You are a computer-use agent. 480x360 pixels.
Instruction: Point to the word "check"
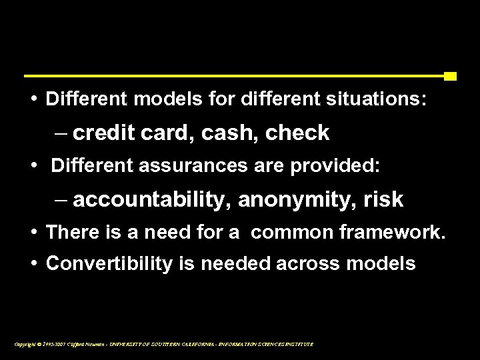(298, 133)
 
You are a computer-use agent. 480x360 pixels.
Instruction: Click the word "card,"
(165, 133)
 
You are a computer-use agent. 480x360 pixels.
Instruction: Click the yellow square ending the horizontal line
(450, 76)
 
